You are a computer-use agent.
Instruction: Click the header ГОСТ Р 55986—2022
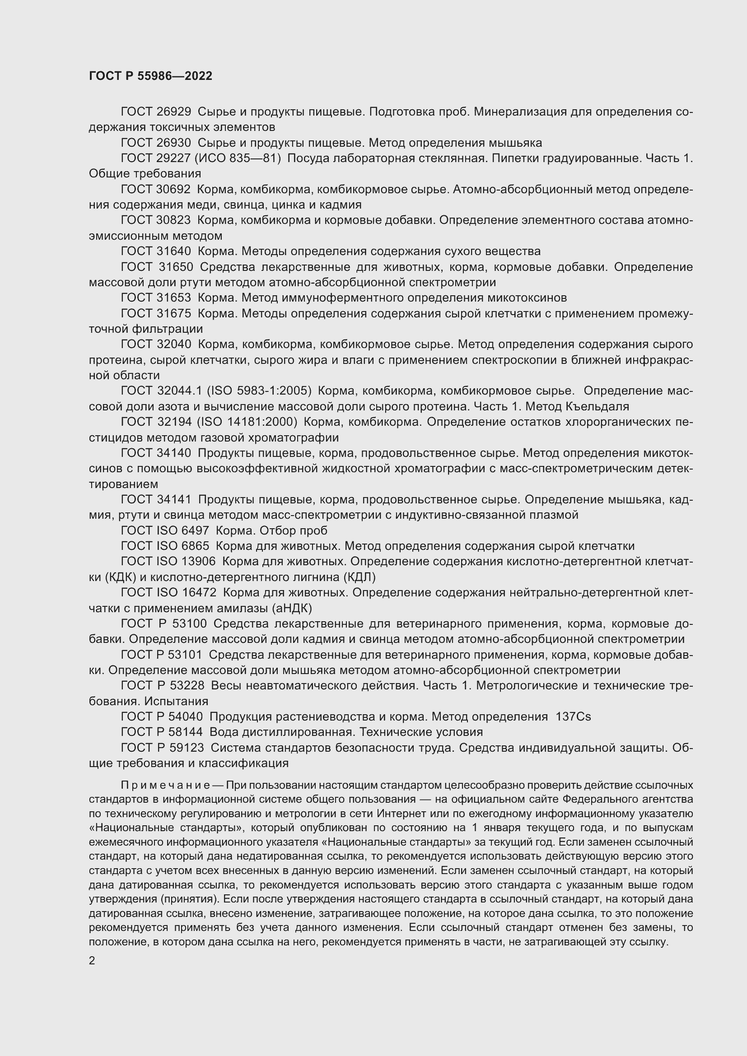[x=150, y=76]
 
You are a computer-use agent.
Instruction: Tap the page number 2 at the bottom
[x=92, y=960]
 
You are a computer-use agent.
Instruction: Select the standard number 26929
[x=174, y=112]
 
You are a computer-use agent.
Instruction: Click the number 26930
[x=174, y=143]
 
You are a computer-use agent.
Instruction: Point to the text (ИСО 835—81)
[x=238, y=158]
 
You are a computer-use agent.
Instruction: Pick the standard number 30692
[x=174, y=189]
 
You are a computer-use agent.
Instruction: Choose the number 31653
[x=174, y=298]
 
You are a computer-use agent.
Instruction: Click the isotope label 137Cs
[x=573, y=716]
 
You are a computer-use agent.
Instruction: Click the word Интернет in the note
[x=398, y=813]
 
